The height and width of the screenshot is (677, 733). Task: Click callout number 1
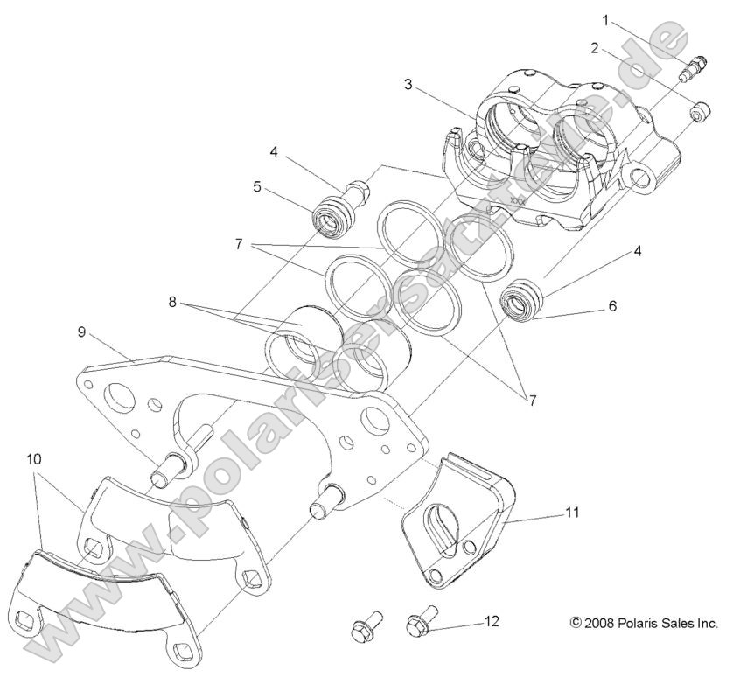point(603,18)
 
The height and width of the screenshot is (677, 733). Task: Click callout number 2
point(595,48)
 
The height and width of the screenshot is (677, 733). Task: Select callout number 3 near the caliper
point(408,85)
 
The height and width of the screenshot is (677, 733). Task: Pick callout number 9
point(80,332)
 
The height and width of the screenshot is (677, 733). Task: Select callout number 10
point(33,457)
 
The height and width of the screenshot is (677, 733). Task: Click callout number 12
point(492,622)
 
